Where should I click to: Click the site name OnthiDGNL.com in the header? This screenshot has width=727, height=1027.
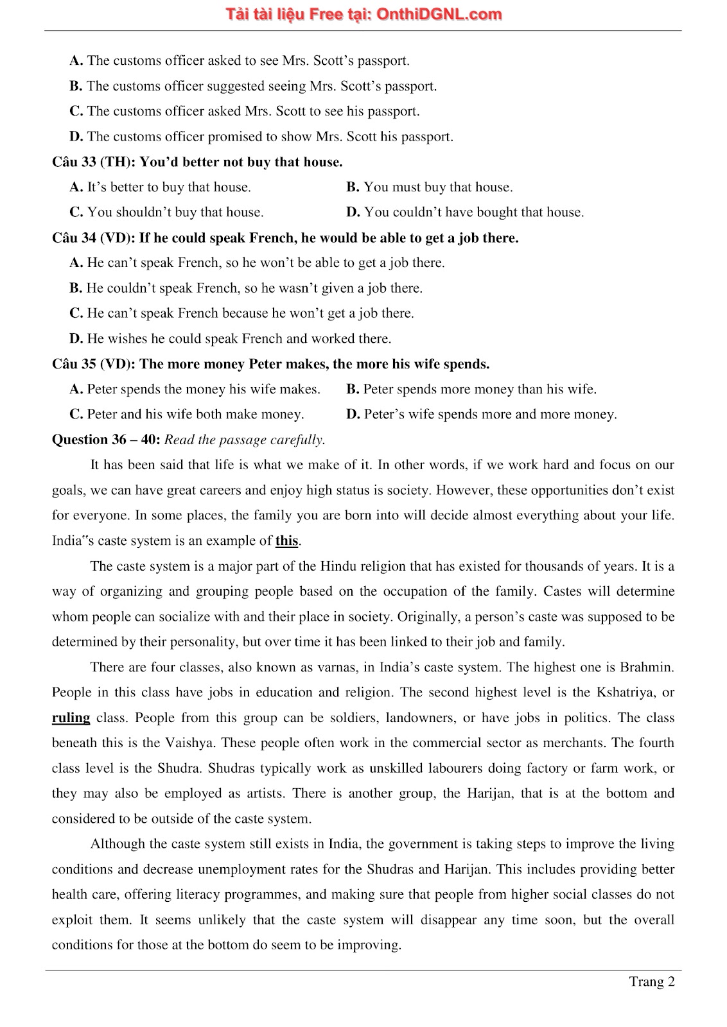[x=439, y=14]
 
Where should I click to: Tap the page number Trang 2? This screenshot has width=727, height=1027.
[x=651, y=981]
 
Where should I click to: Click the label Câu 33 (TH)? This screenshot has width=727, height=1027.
[x=93, y=162]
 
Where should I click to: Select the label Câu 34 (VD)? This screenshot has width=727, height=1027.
[x=93, y=237]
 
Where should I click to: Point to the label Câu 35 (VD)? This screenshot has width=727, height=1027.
[x=93, y=364]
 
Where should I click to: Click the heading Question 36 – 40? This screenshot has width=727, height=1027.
[x=106, y=440]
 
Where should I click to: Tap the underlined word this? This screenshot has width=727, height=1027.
[x=286, y=540]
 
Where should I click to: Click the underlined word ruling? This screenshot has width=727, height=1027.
[x=71, y=718]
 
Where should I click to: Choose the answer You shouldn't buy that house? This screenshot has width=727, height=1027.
[x=175, y=212]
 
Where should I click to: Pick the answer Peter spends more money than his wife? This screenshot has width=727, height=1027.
[x=479, y=389]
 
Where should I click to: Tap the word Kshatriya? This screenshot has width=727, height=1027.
[x=627, y=693]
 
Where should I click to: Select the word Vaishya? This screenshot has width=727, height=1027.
[x=191, y=743]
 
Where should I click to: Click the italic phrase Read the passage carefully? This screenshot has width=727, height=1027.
[x=245, y=440]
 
